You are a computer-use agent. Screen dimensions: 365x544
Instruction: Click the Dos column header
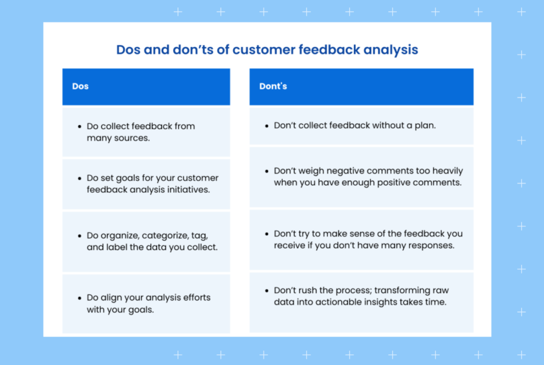(x=81, y=87)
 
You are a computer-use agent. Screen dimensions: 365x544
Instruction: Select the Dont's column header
(x=273, y=87)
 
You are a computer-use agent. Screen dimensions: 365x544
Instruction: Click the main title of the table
(x=267, y=50)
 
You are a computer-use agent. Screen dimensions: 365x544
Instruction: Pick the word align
(x=111, y=298)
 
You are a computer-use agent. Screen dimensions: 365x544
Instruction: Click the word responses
(x=431, y=245)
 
